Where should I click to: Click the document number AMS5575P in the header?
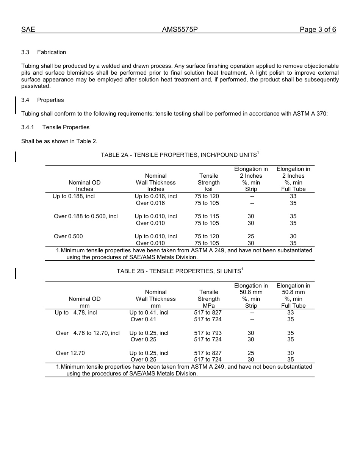180,30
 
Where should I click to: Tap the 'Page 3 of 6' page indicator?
318,30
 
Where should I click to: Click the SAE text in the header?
28,30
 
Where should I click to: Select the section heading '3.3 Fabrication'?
44,52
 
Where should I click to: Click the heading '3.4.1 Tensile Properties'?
55,127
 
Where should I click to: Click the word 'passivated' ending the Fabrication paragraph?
36,86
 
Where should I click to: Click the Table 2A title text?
179,155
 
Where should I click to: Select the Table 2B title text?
179,271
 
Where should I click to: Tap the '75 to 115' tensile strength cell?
207,216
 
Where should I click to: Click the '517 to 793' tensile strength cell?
208,333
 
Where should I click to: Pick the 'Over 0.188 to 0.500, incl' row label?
86,216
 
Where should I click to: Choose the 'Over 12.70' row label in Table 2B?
70,353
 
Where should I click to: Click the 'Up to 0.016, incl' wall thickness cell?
156,196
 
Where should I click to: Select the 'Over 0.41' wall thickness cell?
143,319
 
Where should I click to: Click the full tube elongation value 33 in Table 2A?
293,196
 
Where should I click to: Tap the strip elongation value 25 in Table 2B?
250,353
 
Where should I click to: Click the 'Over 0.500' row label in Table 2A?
68,236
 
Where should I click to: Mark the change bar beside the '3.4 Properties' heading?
16,105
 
